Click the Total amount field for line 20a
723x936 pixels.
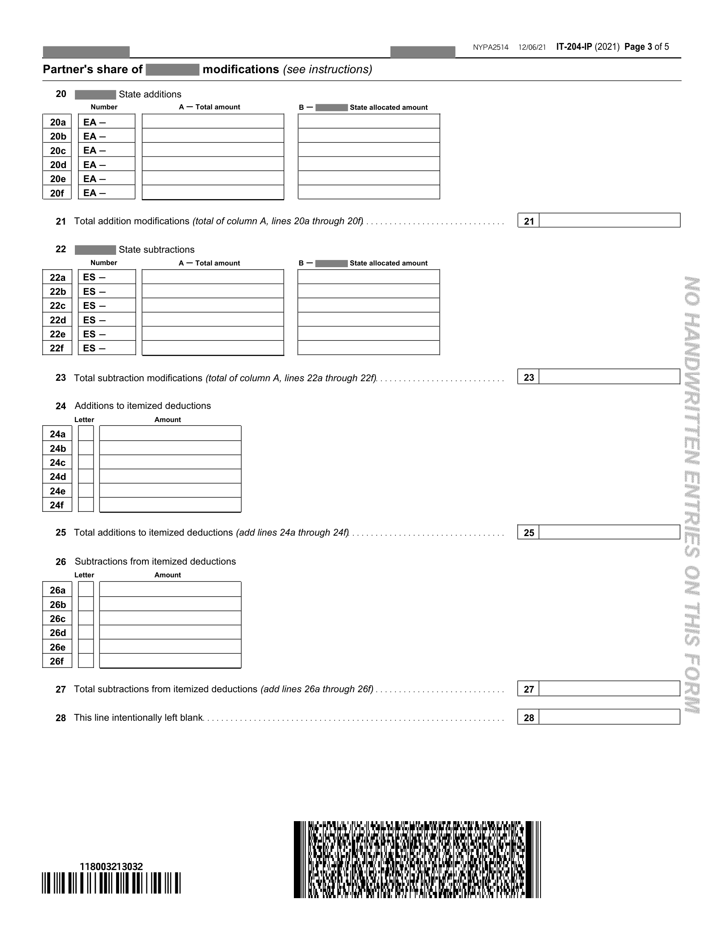(213, 121)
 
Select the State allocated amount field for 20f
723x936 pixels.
(369, 192)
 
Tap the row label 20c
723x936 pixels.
(57, 151)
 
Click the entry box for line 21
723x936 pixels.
(609, 220)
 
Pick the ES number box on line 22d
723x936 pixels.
(107, 320)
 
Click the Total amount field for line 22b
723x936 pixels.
(213, 291)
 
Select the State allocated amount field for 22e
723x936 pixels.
(369, 334)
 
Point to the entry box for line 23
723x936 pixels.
(609, 377)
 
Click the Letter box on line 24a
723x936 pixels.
(85, 433)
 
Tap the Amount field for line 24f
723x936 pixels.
(170, 505)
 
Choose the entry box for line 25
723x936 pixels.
(609, 532)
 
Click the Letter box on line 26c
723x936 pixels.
(85, 618)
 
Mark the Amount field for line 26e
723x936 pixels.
(170, 646)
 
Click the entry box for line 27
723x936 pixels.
(609, 688)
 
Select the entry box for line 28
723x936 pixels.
(609, 717)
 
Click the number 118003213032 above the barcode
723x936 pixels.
(111, 866)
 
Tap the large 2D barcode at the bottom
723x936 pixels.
(417, 859)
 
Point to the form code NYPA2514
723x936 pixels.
(490, 48)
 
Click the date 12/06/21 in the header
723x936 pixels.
(532, 48)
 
